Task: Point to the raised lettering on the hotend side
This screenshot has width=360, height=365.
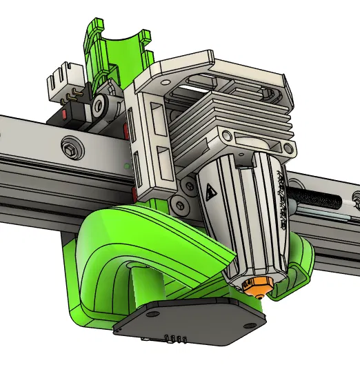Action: pyautogui.click(x=281, y=196)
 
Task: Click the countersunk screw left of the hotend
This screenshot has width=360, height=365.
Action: pyautogui.click(x=181, y=204)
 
